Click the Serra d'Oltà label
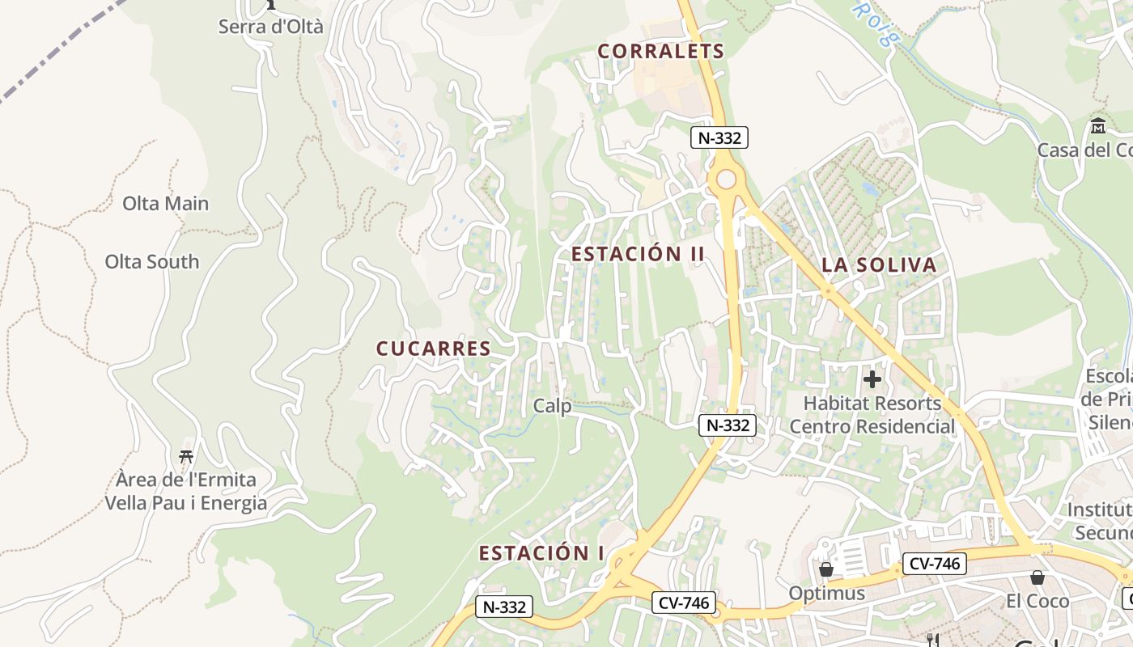tap(270, 26)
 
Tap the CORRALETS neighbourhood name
tap(660, 51)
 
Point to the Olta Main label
tap(165, 203)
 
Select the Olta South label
tap(151, 261)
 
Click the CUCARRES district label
tap(433, 349)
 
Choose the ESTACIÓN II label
tap(638, 254)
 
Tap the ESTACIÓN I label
tap(541, 553)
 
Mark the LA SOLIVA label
tap(878, 264)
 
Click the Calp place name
tap(552, 405)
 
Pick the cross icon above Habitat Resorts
tap(872, 378)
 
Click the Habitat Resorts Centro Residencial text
tap(872, 414)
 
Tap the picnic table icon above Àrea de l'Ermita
tap(186, 456)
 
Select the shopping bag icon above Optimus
tap(825, 570)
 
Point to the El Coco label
tap(1037, 601)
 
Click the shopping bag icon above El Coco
tap(1037, 577)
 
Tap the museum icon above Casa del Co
tap(1098, 126)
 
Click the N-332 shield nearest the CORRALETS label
tap(719, 137)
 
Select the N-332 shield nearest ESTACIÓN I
tap(504, 607)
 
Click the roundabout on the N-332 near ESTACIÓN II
tap(726, 180)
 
